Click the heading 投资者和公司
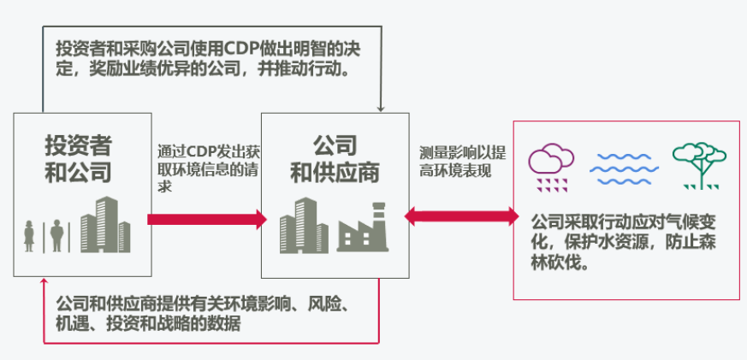[78, 158]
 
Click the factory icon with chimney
[363, 227]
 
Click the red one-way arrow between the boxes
[206, 219]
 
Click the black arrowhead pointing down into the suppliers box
[380, 108]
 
